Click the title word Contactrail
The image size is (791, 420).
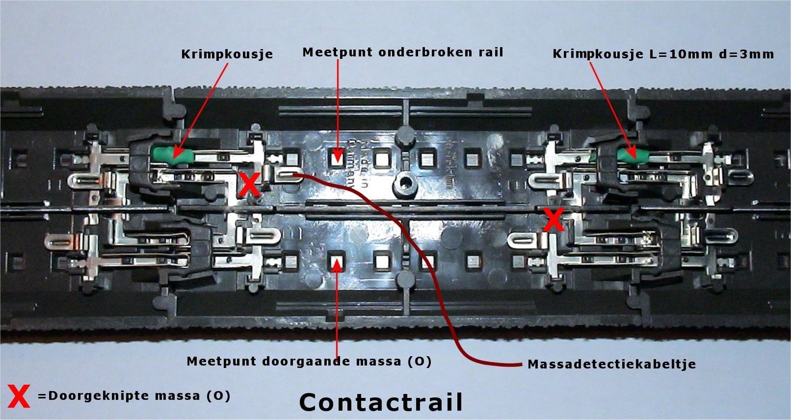tap(381, 402)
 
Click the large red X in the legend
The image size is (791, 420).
tap(19, 396)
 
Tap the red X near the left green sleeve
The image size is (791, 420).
tap(249, 184)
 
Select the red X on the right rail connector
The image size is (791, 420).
tap(553, 220)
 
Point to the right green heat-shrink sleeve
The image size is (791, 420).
tap(632, 155)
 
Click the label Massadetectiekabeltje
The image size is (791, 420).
tap(611, 365)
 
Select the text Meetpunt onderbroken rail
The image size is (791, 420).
tap(403, 53)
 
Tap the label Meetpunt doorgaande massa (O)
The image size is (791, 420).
tap(309, 361)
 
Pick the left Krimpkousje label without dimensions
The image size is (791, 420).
tap(227, 55)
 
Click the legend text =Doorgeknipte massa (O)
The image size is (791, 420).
tap(134, 396)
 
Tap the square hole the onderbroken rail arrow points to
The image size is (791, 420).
tap(337, 157)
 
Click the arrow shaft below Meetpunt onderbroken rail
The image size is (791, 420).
tap(337, 102)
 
